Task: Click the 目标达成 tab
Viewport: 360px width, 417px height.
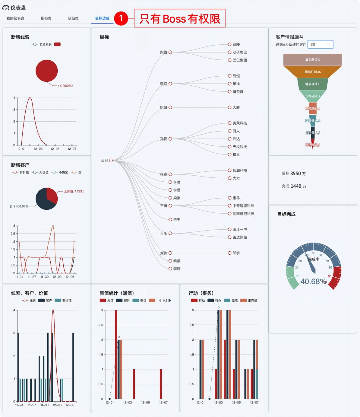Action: click(102, 18)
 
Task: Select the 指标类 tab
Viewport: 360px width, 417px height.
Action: click(46, 18)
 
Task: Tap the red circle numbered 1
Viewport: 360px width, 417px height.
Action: click(121, 18)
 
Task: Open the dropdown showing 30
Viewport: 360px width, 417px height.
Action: click(320, 44)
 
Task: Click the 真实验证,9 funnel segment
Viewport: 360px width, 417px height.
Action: click(313, 60)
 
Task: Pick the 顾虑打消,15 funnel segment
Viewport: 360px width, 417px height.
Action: click(313, 72)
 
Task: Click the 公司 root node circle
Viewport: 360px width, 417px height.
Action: click(111, 161)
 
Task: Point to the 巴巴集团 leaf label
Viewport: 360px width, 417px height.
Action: click(240, 60)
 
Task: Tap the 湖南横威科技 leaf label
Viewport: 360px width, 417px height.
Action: click(243, 214)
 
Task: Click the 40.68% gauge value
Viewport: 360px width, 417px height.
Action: click(313, 282)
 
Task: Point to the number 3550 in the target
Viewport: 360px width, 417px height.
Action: click(295, 173)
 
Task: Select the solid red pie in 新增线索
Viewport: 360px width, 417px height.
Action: click(46, 71)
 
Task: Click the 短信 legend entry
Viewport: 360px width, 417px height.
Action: click(107, 301)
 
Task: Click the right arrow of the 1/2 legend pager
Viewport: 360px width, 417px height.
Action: click(170, 301)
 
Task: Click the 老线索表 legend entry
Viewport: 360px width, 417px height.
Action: click(42, 44)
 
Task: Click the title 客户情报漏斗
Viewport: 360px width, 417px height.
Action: click(289, 37)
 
